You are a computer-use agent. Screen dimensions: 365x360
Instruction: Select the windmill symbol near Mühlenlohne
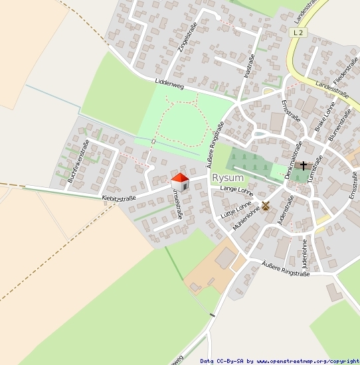coord(265,206)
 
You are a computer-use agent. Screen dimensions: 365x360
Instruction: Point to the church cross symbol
coord(304,165)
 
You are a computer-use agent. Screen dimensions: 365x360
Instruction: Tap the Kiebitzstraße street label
coord(119,198)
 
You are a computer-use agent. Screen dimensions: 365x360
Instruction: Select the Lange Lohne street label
coord(236,191)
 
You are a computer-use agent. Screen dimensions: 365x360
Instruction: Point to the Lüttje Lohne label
coord(236,210)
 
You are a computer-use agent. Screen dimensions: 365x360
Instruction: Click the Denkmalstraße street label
coord(294,160)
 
